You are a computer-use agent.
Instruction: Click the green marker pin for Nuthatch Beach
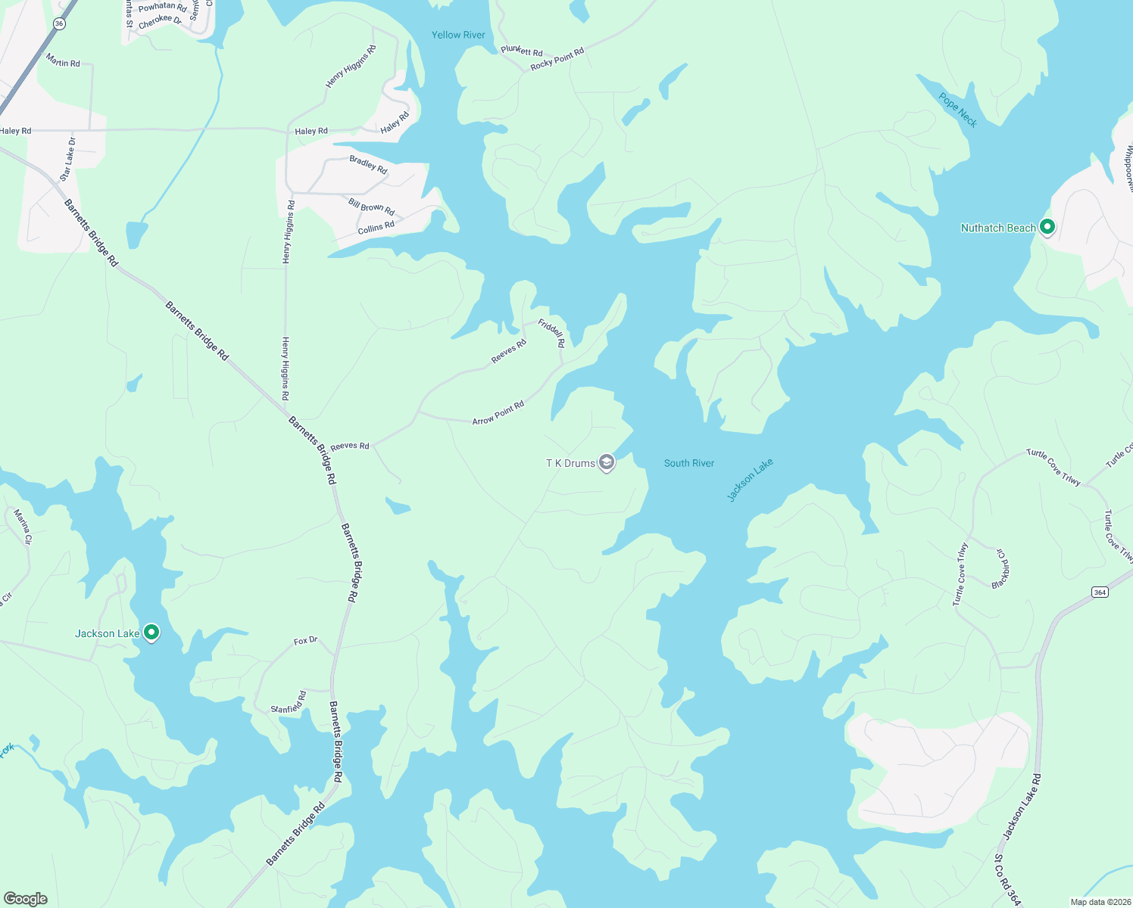[1047, 226]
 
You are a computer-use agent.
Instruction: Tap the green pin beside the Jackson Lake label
[151, 632]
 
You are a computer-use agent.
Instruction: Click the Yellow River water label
[458, 35]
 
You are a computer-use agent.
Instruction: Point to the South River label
[689, 463]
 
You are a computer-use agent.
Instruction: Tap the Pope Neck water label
[958, 110]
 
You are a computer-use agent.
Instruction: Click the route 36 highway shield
[60, 24]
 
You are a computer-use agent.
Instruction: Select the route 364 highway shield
[1100, 592]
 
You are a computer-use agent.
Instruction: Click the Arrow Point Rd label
[498, 413]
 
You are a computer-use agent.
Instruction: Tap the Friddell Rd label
[552, 333]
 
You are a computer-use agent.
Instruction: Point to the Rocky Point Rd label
[557, 59]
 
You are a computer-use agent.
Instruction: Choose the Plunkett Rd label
[522, 51]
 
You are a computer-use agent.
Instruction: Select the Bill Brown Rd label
[371, 206]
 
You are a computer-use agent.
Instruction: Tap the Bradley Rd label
[369, 164]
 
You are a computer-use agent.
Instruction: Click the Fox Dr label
[305, 641]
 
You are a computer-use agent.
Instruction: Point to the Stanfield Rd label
[289, 703]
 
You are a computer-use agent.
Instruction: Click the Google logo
[26, 899]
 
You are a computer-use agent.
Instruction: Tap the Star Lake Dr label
[68, 159]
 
